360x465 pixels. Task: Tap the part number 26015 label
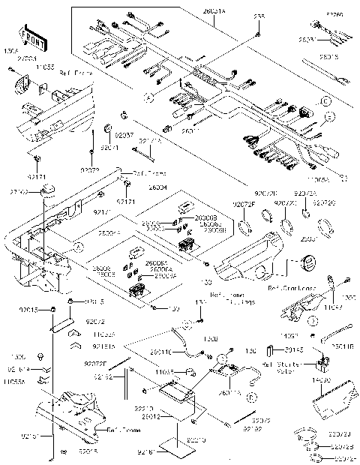click(330, 55)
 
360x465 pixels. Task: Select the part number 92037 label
click(124, 136)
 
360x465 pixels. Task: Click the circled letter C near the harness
click(325, 100)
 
